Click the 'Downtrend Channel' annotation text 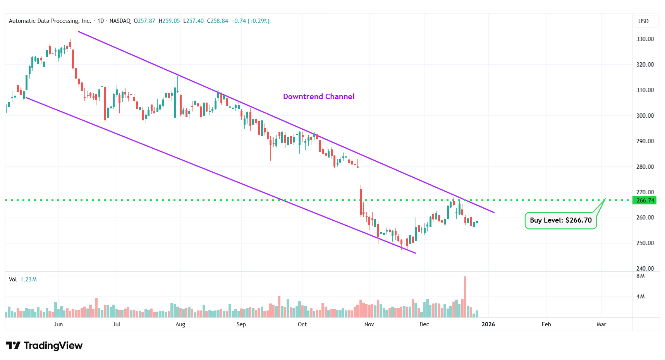tap(319, 97)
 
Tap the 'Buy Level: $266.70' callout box tap(560, 220)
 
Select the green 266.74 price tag tap(645, 201)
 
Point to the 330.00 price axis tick tap(645, 39)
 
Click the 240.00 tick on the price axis tap(645, 268)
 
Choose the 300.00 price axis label tap(645, 116)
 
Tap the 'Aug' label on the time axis tap(180, 324)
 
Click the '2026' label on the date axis tap(488, 324)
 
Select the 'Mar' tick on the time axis tap(601, 324)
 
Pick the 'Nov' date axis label tap(369, 324)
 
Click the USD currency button tap(643, 21)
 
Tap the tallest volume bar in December tap(465, 297)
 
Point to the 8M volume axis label tap(641, 276)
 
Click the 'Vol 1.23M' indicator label tap(23, 279)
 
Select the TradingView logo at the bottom tap(44, 345)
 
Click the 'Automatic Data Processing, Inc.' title tap(50, 21)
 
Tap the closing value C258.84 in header tap(217, 21)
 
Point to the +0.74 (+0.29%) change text tap(250, 21)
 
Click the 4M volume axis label tap(641, 297)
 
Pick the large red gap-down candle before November tap(361, 201)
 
